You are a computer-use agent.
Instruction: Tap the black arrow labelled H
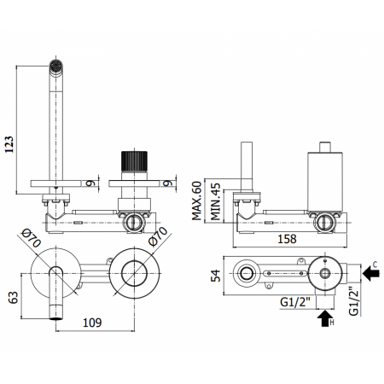click(x=325, y=320)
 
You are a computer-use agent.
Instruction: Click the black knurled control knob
click(x=132, y=161)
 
